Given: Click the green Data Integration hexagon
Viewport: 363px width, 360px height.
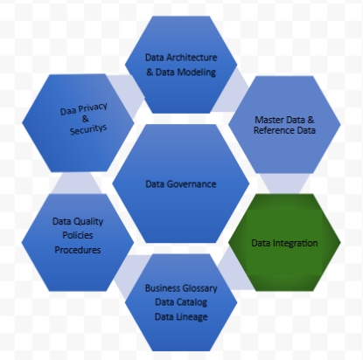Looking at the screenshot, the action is click(284, 242).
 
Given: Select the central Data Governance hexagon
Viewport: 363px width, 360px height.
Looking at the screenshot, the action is click(181, 183).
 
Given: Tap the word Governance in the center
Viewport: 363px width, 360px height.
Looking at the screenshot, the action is click(192, 184).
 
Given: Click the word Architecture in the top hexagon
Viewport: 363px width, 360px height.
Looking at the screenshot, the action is click(192, 58).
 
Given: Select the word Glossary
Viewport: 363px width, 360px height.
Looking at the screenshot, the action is click(199, 288).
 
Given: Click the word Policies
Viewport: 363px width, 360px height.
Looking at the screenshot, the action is click(78, 235).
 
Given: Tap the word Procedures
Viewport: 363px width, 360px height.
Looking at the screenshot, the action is click(78, 250).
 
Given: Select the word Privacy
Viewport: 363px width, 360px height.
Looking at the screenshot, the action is click(93, 107).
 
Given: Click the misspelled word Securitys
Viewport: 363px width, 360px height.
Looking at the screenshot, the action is click(88, 129).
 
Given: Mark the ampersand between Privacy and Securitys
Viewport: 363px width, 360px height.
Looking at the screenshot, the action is click(85, 119).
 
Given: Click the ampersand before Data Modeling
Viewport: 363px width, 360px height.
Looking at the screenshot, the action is click(150, 72).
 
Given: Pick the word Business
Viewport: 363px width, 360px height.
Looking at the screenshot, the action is click(163, 288).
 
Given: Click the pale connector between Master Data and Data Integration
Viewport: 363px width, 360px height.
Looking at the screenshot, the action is click(284, 183).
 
